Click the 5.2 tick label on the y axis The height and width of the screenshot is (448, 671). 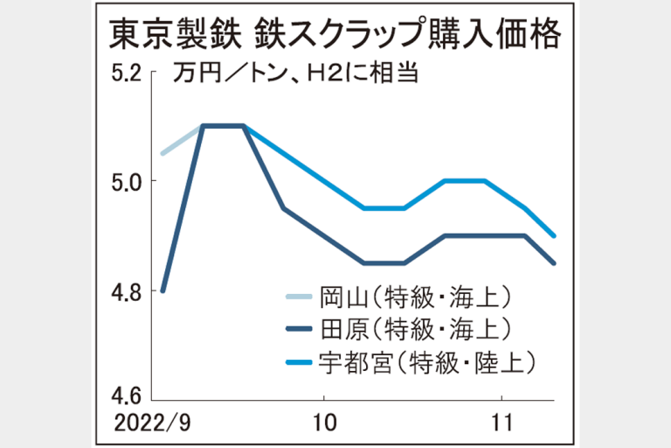[x=125, y=73]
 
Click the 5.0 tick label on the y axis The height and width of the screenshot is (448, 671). [x=125, y=181]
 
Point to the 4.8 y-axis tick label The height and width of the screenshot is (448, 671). [x=125, y=290]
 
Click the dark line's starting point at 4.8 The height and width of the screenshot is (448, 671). [x=163, y=290]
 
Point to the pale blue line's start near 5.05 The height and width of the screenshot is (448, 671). [x=163, y=153]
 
